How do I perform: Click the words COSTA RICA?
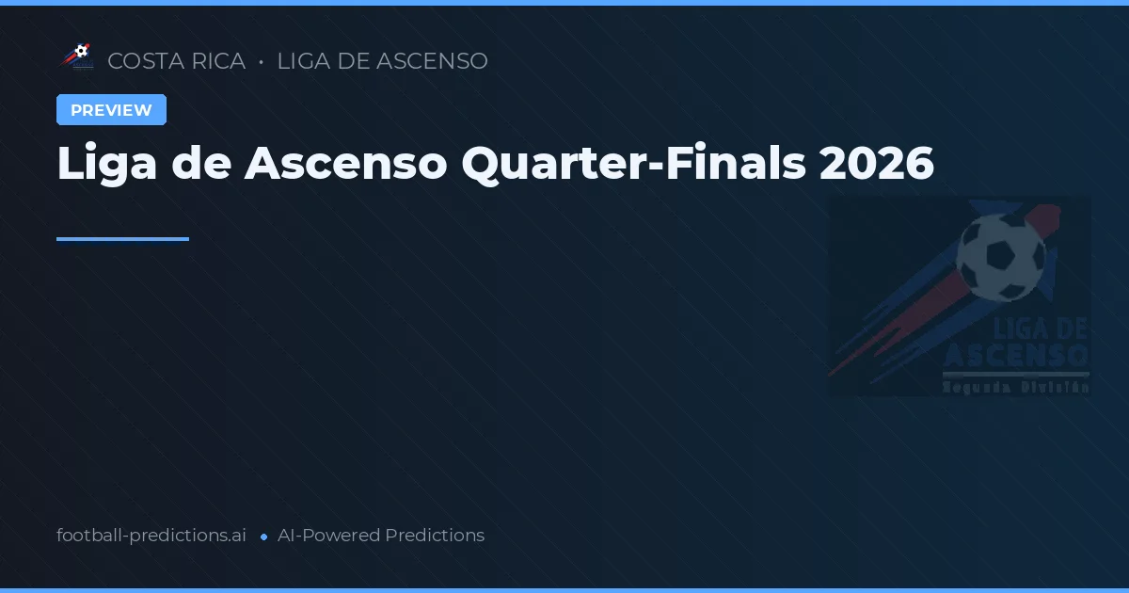pos(176,61)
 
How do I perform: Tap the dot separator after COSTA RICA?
pos(261,62)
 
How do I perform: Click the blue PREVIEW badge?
pos(111,110)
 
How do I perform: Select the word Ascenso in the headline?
pos(345,164)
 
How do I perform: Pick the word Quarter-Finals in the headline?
pos(633,164)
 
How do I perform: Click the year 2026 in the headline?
pos(877,164)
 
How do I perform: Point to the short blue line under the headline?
pos(122,239)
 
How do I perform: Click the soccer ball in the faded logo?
pos(1000,257)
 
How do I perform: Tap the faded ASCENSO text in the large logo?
pos(1016,356)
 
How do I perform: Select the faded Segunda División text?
pos(1016,386)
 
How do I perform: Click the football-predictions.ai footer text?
pos(151,536)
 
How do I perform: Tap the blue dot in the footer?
pos(263,537)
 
